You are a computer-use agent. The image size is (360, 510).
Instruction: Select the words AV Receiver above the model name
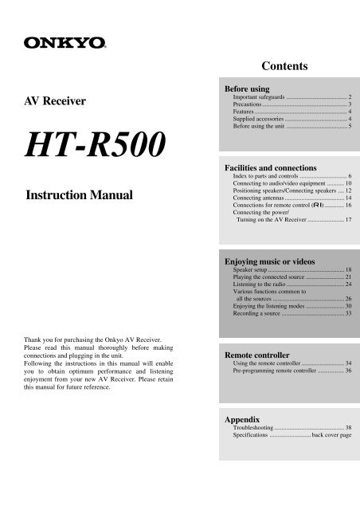tap(61, 101)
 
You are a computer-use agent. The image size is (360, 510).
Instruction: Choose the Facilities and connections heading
tap(272, 168)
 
